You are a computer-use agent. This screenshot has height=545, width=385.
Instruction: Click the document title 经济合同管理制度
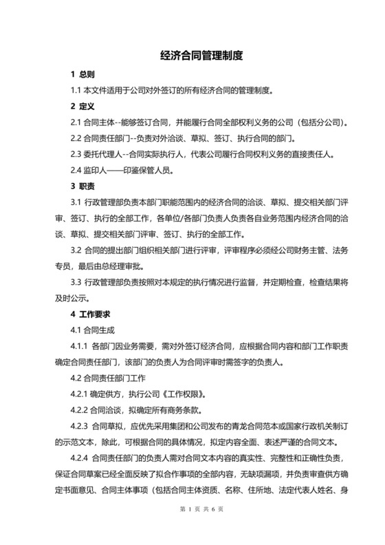(192, 54)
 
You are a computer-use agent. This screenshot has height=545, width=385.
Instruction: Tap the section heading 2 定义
(83, 107)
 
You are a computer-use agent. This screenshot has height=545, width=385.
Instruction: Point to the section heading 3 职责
(83, 186)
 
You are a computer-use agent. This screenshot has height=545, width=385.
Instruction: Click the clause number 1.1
(76, 90)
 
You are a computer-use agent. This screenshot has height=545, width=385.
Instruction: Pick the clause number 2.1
(76, 122)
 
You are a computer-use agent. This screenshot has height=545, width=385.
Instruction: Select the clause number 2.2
(76, 138)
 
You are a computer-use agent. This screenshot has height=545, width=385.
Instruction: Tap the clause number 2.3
(76, 154)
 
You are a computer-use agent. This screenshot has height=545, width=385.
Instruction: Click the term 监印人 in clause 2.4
(100, 170)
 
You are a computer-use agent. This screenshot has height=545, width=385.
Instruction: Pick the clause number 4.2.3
(80, 426)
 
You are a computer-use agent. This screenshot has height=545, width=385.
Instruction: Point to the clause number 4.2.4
(80, 458)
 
